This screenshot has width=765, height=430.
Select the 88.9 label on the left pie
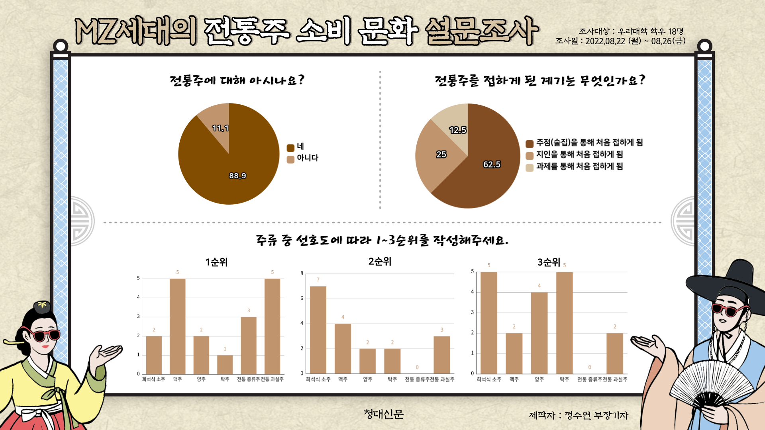click(x=237, y=176)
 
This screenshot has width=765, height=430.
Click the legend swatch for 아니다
click(x=290, y=159)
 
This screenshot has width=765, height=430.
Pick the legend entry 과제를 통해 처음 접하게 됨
click(x=579, y=166)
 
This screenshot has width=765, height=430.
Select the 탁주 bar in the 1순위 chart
click(x=225, y=364)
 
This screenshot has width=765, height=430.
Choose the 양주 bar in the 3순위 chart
click(x=539, y=333)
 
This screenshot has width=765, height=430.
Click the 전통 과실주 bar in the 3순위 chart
click(x=614, y=353)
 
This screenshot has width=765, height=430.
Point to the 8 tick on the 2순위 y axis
click(x=302, y=274)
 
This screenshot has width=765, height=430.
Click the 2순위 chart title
click(x=380, y=262)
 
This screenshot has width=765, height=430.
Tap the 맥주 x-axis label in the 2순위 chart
click(x=343, y=379)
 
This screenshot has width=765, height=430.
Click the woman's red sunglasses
click(x=44, y=335)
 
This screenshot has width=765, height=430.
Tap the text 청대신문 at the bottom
click(x=383, y=414)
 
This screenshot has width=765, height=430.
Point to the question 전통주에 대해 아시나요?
click(x=237, y=80)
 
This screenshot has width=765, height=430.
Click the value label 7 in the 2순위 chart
click(x=318, y=280)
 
